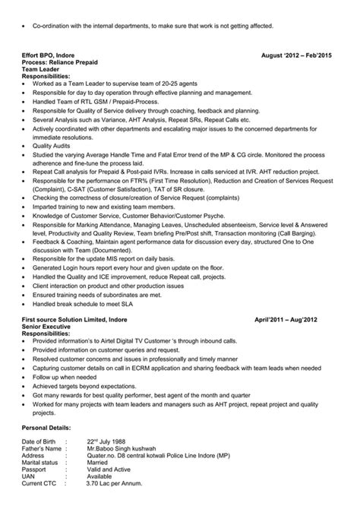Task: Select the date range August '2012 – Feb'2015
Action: [297, 56]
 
